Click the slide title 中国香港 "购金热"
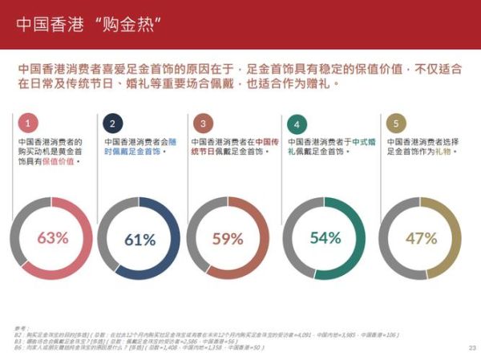[85, 23]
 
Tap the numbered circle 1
[28, 123]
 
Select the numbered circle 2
[113, 123]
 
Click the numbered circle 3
[204, 123]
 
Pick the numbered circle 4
[297, 124]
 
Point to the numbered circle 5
[394, 123]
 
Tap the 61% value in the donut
[139, 239]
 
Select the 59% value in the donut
[228, 238]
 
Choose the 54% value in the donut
[325, 238]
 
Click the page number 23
[471, 347]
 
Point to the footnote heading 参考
[20, 329]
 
